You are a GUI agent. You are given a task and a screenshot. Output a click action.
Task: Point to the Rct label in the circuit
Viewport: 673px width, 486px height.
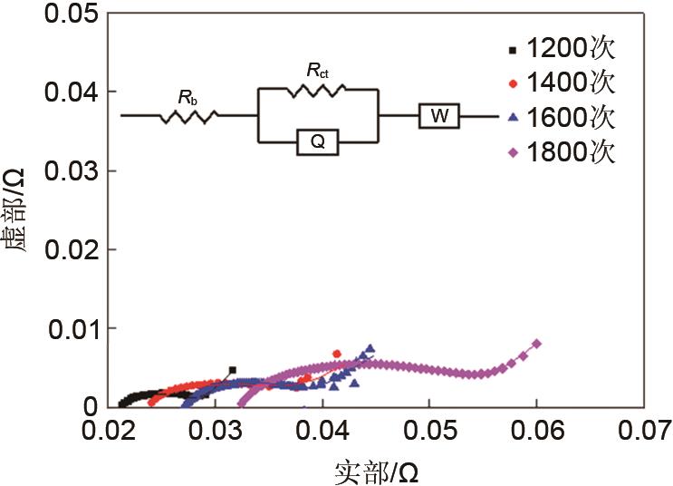coord(316,69)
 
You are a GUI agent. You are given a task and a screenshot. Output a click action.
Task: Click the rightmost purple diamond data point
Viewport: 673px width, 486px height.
coord(536,344)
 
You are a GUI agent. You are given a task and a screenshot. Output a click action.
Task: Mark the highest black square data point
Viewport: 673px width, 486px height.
coord(233,370)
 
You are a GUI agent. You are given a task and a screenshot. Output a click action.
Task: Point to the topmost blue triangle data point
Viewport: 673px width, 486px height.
coord(370,347)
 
